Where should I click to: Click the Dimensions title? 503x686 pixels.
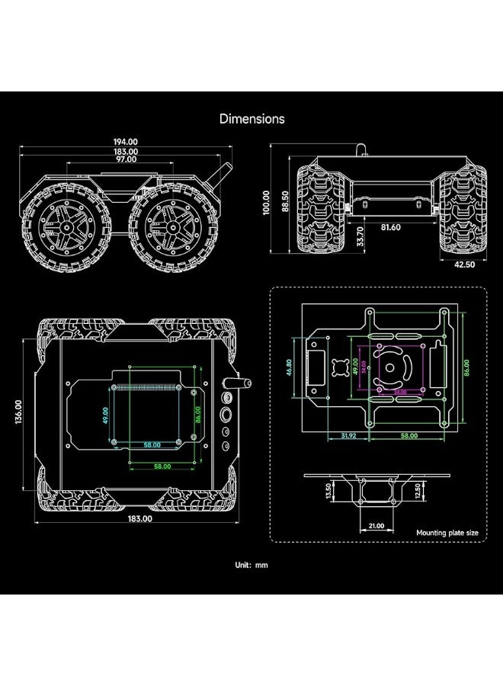pos(251,119)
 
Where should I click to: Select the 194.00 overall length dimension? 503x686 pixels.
pos(126,141)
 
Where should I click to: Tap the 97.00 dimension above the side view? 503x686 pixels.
pos(126,159)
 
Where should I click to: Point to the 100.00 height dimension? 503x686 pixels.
pos(266,204)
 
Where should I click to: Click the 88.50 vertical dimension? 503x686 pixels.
pos(284,204)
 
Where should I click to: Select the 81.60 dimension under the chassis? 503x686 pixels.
pos(391,226)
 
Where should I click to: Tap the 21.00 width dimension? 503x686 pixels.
pos(376,526)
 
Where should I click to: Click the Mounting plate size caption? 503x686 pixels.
pos(447,534)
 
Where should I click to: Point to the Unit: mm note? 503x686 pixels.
pos(251,566)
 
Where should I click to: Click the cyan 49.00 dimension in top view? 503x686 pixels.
pos(106,415)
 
